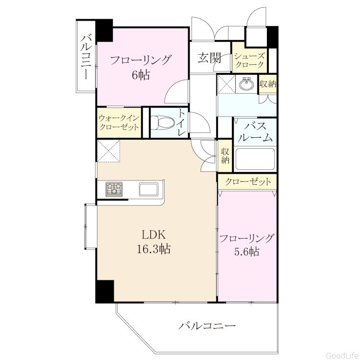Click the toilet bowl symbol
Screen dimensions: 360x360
(162, 122)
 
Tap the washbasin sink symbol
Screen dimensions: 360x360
(247, 84)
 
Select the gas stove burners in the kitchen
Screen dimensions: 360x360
(114, 189)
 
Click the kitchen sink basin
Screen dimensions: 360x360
(148, 190)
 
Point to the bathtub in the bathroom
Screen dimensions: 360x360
(255, 159)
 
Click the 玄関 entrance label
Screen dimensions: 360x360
(210, 58)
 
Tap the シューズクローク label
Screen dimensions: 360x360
(250, 60)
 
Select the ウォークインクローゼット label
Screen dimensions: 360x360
(119, 123)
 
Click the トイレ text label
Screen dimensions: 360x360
(182, 122)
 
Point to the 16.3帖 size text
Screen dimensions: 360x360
(154, 249)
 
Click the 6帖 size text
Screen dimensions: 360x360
(141, 75)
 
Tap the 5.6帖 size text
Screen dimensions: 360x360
(247, 252)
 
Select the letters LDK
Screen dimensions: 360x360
(154, 235)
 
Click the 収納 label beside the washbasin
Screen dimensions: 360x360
(268, 84)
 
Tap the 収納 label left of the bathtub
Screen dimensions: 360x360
(225, 156)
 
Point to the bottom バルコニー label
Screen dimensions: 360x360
(207, 326)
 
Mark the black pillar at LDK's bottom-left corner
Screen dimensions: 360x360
(105, 291)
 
